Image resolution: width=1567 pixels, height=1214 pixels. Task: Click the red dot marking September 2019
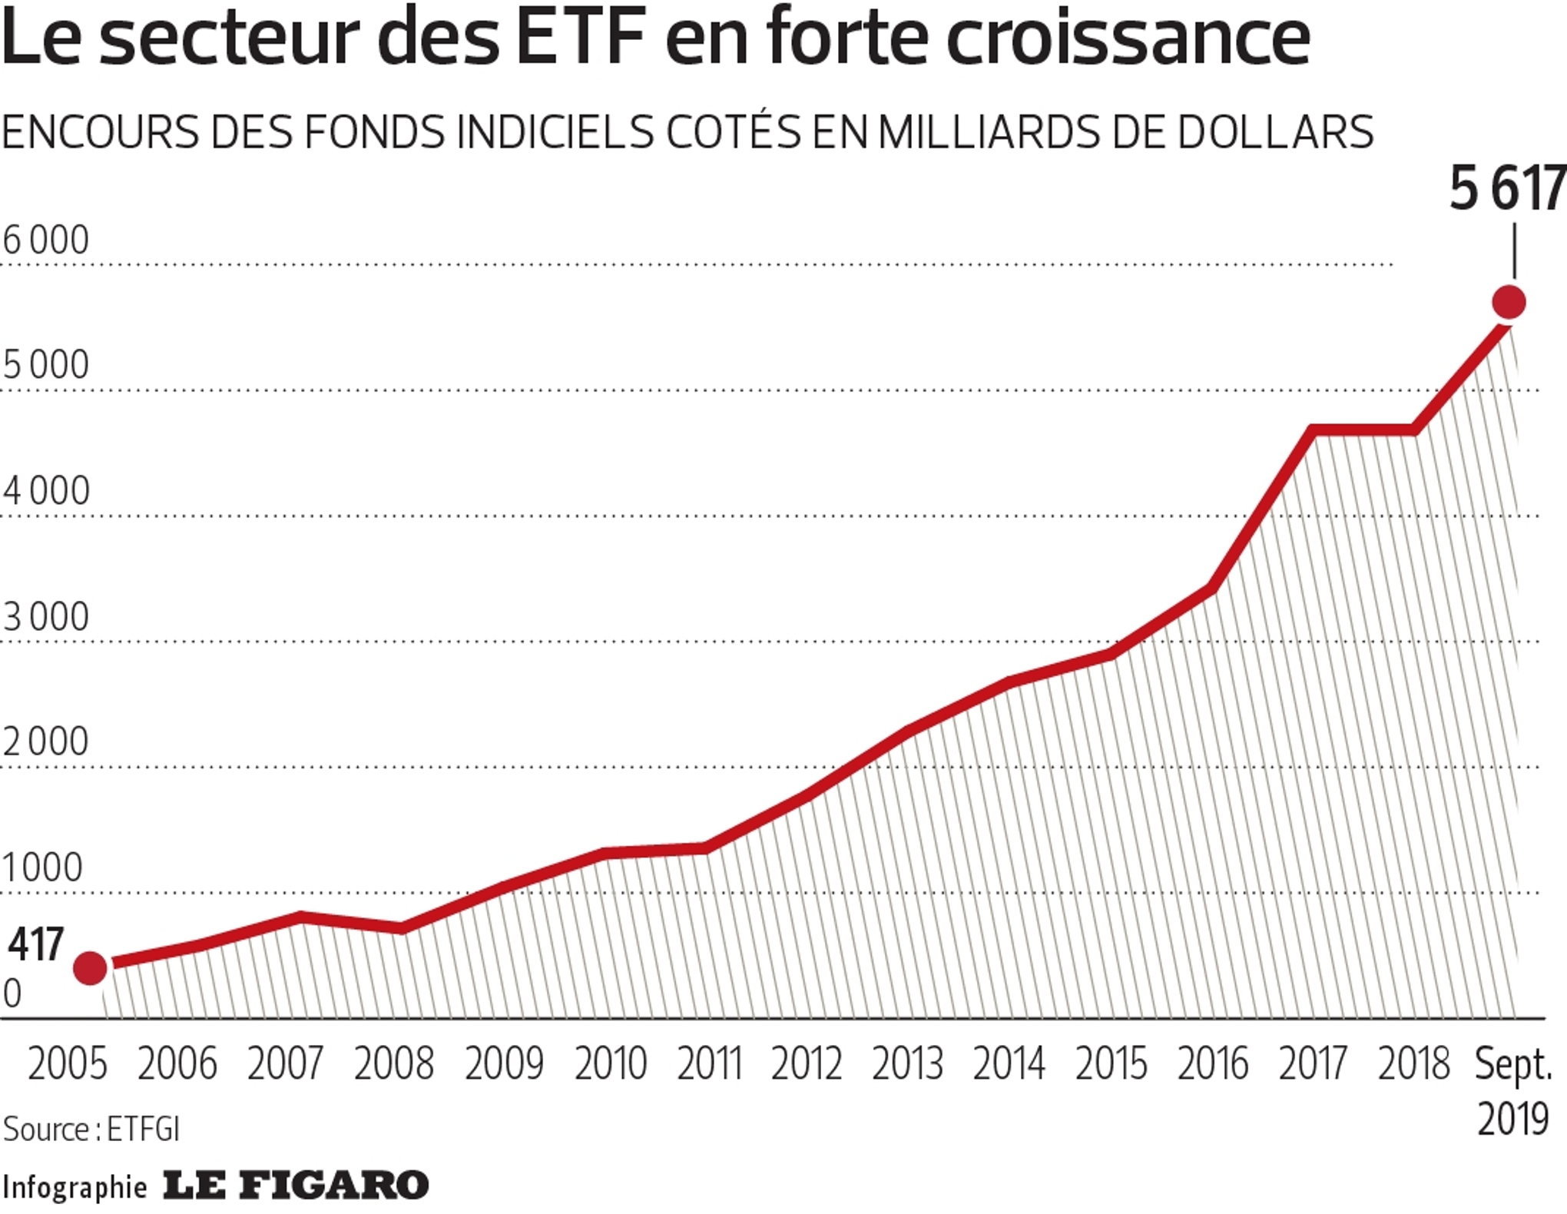click(x=1509, y=302)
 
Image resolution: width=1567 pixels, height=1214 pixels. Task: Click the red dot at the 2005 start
click(x=90, y=967)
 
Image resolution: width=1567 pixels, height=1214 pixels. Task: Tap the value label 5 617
click(x=1506, y=189)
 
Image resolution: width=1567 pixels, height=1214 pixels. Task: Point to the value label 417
click(x=35, y=944)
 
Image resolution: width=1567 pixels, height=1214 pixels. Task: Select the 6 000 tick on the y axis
click(x=46, y=240)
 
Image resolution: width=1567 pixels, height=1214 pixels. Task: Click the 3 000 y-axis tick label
click(x=46, y=617)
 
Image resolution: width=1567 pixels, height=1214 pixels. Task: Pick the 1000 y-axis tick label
click(x=42, y=867)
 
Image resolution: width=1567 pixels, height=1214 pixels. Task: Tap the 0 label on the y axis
click(x=12, y=994)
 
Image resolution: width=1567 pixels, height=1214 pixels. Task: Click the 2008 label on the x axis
click(x=394, y=1064)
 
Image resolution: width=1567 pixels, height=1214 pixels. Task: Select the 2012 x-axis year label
click(x=807, y=1064)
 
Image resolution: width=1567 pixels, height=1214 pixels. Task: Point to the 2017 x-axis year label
click(x=1313, y=1064)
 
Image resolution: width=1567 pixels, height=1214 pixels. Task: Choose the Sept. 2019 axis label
click(x=1513, y=1091)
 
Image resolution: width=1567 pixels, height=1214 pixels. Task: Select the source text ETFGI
click(x=143, y=1129)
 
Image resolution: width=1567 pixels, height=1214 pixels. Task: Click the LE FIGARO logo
click(x=296, y=1186)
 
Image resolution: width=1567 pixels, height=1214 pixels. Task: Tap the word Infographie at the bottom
click(x=75, y=1187)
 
